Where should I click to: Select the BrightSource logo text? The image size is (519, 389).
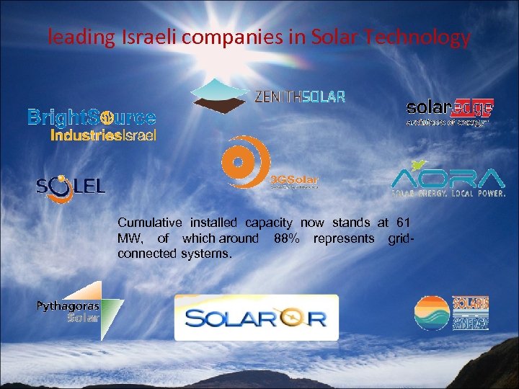point(92,117)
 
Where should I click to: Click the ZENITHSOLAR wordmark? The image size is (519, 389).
point(300,96)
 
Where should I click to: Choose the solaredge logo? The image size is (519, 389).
point(450,110)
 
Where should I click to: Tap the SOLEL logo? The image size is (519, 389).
point(71,186)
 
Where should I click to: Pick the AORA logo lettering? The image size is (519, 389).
point(447,177)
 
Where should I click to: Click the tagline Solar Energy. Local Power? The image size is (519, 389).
point(447,193)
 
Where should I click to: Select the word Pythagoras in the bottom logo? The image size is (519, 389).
point(68,306)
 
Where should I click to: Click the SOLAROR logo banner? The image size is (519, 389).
point(256,317)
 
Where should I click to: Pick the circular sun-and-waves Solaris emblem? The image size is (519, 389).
point(432,313)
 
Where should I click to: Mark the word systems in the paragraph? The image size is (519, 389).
point(206,254)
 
